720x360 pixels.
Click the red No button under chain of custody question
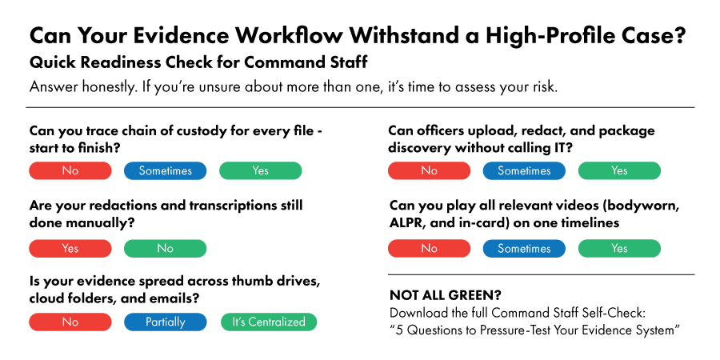tap(70, 170)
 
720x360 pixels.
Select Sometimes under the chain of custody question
tap(165, 170)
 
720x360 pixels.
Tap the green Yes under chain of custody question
tap(261, 170)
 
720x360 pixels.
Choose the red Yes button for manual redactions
tap(70, 248)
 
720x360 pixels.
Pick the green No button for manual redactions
tap(165, 248)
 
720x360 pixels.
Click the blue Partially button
tap(165, 322)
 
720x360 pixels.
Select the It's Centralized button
tap(269, 322)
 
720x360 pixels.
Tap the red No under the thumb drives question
tap(70, 322)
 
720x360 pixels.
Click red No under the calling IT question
tap(429, 170)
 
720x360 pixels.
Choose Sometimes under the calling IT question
tap(524, 170)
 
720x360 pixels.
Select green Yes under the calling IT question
tap(619, 170)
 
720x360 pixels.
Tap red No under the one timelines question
tap(429, 248)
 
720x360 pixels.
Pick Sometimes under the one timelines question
tap(524, 248)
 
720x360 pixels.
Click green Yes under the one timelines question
tap(619, 248)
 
